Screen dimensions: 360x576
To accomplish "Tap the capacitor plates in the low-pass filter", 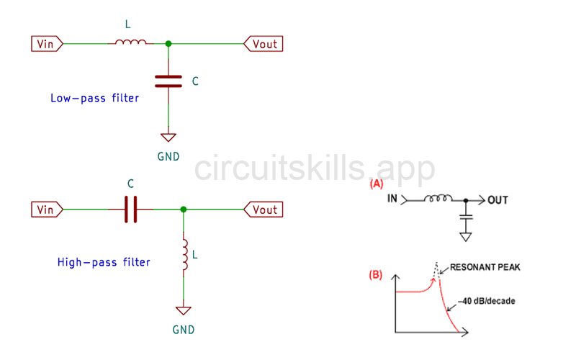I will tap(168, 80).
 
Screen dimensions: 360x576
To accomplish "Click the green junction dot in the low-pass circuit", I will tap(168, 44).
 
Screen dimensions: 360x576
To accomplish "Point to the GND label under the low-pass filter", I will tap(168, 156).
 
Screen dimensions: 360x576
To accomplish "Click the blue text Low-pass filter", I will tap(94, 98).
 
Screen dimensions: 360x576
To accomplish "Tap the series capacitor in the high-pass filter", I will tap(130, 210).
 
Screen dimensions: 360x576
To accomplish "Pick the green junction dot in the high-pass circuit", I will tap(184, 210).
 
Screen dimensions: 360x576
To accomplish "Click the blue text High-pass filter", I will tap(104, 262).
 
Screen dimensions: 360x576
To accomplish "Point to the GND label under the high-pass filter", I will tap(184, 330).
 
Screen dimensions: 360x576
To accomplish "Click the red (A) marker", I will tap(376, 184).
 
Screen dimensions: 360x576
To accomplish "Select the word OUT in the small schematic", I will tap(498, 199).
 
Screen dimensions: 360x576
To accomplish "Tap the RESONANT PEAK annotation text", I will tap(485, 267).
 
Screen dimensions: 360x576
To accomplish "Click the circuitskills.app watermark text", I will tap(315, 168).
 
